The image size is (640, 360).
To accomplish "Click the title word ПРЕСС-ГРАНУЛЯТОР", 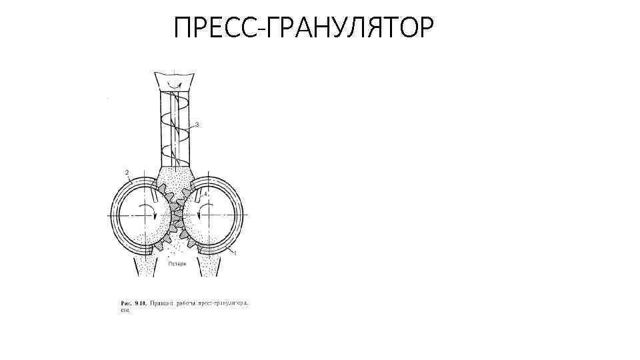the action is [x=303, y=27].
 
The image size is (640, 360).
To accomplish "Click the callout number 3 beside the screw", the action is [x=197, y=125].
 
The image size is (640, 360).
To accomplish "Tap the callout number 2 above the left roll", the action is [x=127, y=173].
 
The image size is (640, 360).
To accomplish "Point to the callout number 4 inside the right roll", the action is [x=207, y=194].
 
